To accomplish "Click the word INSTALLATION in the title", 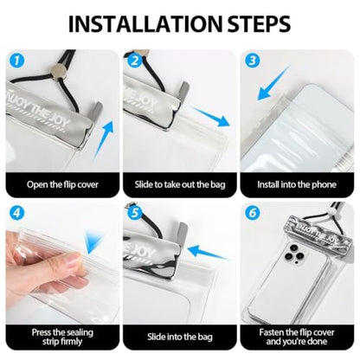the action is click(145, 23).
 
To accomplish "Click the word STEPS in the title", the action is click(259, 23).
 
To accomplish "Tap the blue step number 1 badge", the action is click(17, 61).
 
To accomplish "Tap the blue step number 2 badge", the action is click(134, 61).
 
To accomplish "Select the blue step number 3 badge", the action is click(253, 61).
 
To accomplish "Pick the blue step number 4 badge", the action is click(17, 213).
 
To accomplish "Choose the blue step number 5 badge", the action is click(134, 213).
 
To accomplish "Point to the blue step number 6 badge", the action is click(253, 213).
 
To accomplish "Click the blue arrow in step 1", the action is click(104, 139).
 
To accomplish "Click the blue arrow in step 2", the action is click(212, 117).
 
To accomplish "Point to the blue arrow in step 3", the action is click(273, 83).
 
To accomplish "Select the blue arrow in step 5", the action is click(209, 252).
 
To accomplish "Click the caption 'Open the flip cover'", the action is click(62, 184).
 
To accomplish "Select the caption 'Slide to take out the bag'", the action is click(180, 184).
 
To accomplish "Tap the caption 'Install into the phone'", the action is click(297, 184).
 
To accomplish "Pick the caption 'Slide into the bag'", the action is click(180, 337).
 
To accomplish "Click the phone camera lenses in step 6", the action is click(295, 252).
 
